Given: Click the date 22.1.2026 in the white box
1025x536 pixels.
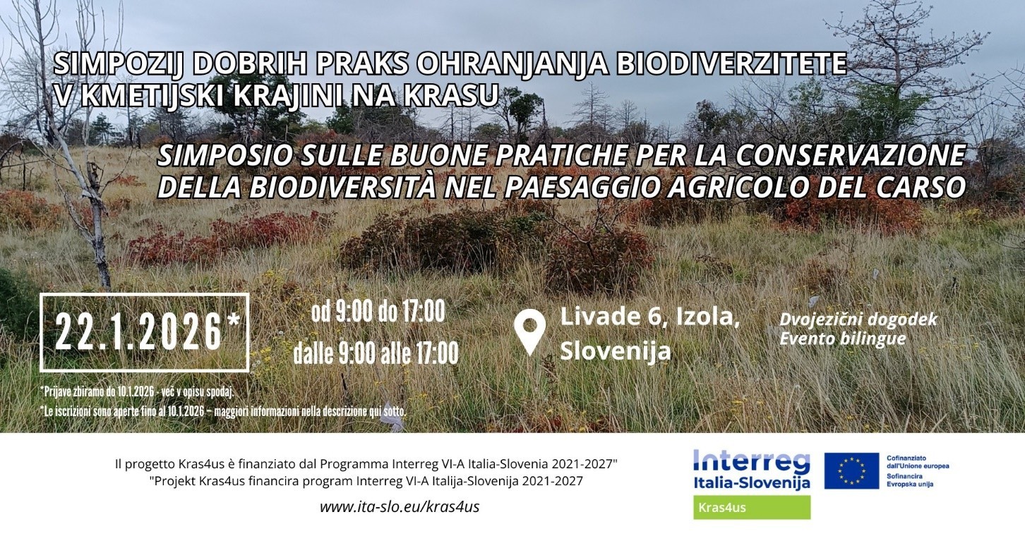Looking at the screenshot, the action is click(x=138, y=332).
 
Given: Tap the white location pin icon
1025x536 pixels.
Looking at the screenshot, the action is click(x=530, y=331).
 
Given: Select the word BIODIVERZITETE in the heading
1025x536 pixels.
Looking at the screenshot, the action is click(x=731, y=64).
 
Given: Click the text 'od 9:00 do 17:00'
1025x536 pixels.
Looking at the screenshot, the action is click(x=378, y=312).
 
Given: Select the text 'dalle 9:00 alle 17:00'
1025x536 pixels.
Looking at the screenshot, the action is click(x=376, y=353).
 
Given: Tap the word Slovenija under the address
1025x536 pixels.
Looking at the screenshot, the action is click(x=616, y=351).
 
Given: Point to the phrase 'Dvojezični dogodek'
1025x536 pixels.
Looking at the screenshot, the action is click(x=858, y=319).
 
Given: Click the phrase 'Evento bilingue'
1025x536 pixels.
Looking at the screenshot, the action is click(x=843, y=339).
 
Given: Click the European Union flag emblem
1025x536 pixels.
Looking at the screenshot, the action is click(x=851, y=470).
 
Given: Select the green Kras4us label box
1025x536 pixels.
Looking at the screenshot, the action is click(x=752, y=507).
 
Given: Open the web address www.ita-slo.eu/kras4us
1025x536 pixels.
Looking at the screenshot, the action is click(x=400, y=507).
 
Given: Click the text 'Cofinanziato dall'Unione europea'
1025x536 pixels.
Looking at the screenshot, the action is click(x=918, y=461).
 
